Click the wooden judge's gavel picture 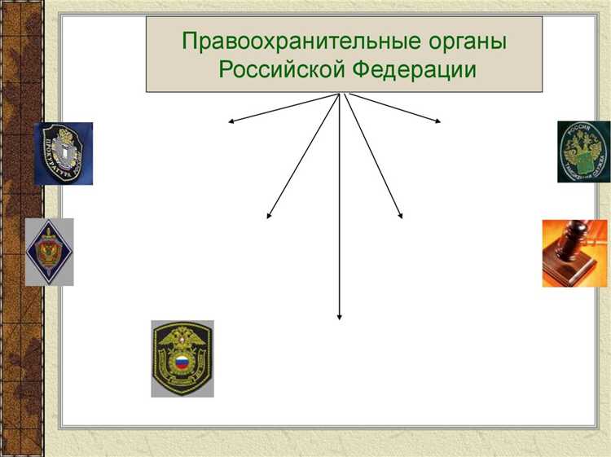click(574, 253)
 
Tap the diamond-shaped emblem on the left click(49, 252)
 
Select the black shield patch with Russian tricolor click(182, 358)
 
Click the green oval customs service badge click(583, 152)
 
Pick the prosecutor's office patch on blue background click(63, 154)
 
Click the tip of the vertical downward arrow click(339, 319)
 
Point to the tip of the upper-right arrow click(441, 123)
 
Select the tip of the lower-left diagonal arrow click(267, 218)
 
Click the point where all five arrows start click(341, 94)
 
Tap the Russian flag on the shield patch click(182, 362)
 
